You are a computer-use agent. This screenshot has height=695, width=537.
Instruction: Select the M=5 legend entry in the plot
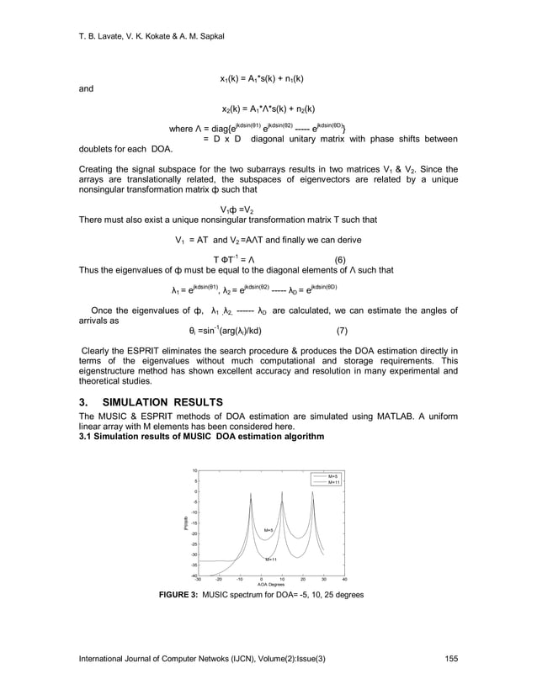(332, 476)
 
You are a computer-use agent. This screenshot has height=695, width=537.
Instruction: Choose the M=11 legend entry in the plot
(332, 482)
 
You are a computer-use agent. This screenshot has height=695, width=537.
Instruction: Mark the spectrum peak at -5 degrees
(250, 502)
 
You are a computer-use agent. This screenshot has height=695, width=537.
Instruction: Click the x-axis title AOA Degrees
(271, 584)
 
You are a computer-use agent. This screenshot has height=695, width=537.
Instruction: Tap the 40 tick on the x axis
(345, 579)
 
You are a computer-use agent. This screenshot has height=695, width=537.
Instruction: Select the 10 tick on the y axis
(194, 471)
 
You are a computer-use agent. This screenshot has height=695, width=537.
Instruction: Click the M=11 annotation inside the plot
(272, 559)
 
